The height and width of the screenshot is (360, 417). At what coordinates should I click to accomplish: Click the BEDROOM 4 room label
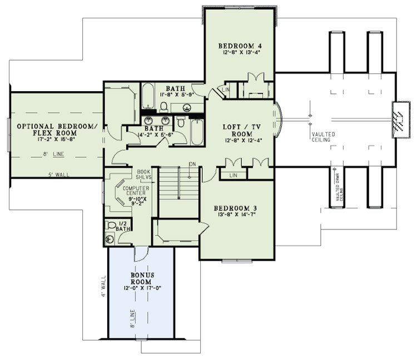tap(240, 46)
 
